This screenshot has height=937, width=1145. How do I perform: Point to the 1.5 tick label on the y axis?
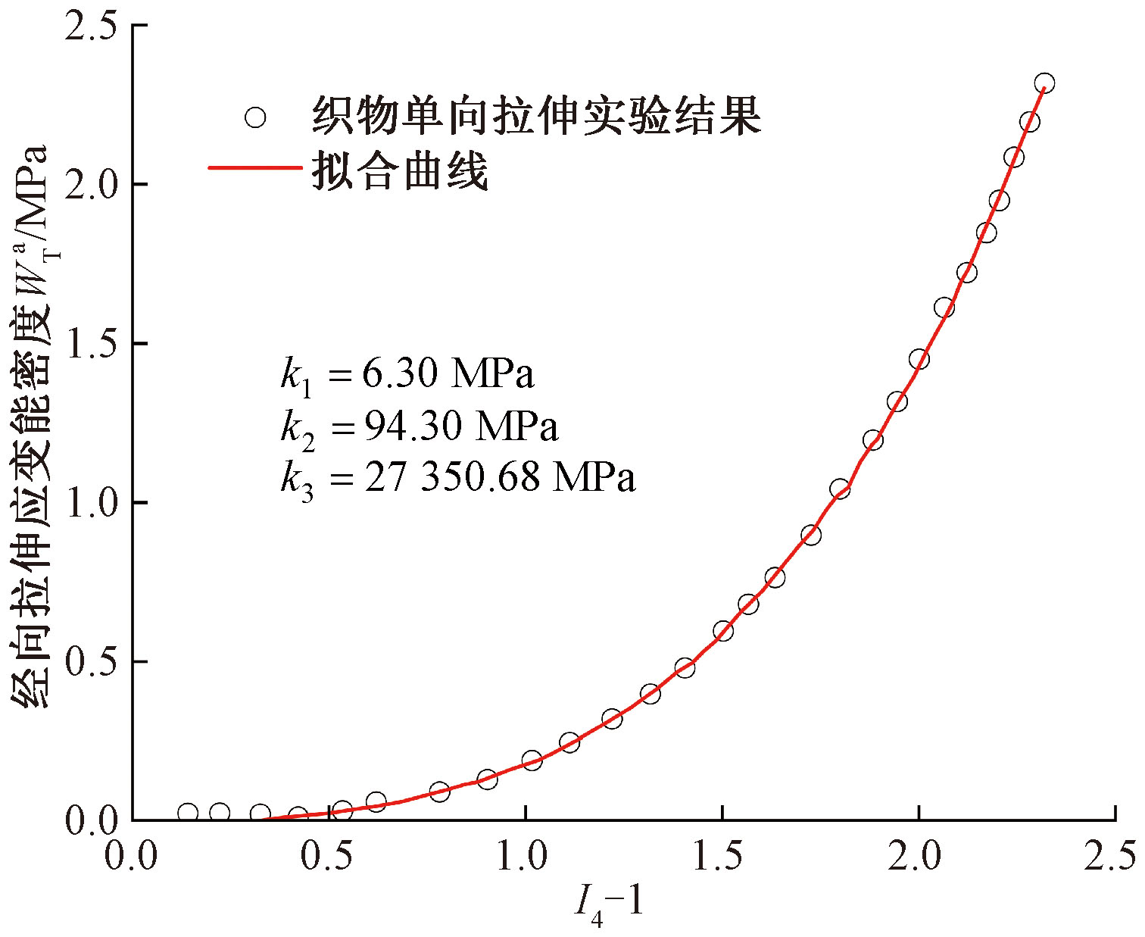click(x=91, y=344)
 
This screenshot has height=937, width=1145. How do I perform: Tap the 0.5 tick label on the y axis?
click(x=91, y=662)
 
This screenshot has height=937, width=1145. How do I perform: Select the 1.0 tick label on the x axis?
click(x=526, y=857)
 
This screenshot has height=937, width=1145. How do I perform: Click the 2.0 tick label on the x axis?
click(x=919, y=857)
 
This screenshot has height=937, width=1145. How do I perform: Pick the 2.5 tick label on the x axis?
click(x=1110, y=857)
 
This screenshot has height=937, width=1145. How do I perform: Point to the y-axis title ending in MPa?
click(x=30, y=424)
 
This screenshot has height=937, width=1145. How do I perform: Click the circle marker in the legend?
click(x=255, y=117)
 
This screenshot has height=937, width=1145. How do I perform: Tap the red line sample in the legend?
click(x=254, y=169)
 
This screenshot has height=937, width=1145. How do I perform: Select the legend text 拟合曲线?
click(x=400, y=169)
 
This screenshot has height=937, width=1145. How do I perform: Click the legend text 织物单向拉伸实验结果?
click(x=536, y=116)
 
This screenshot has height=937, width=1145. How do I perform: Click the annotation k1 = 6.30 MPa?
click(x=407, y=375)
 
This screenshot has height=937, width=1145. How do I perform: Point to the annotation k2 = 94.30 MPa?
click(x=420, y=427)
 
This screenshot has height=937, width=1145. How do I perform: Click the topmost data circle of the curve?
click(x=1044, y=83)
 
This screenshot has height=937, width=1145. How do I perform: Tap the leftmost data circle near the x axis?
click(x=188, y=813)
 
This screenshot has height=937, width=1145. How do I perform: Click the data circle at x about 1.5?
click(x=723, y=631)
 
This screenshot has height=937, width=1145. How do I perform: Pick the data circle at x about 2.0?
click(x=919, y=359)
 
